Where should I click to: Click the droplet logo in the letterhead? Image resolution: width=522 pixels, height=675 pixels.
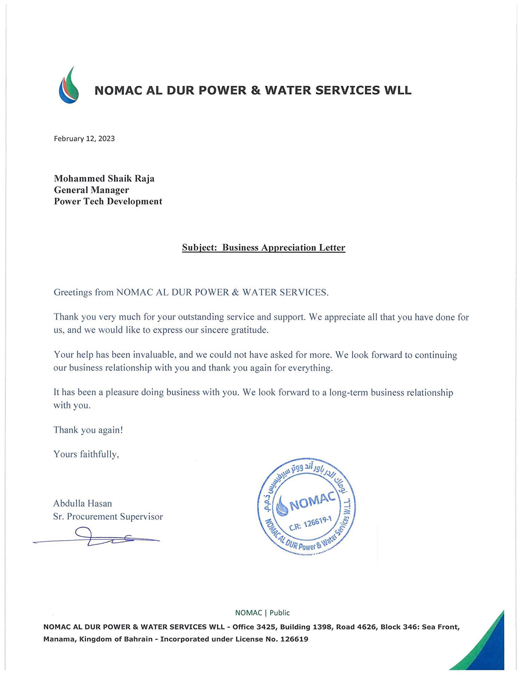point(69,86)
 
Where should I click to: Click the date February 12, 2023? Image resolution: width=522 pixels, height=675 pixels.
point(84,139)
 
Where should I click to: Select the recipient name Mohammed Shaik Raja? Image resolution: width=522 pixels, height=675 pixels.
point(104,179)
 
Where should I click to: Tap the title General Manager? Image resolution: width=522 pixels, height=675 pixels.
point(91,190)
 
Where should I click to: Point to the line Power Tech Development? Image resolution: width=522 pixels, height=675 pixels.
point(108,202)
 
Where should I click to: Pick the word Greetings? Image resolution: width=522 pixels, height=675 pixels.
point(73,293)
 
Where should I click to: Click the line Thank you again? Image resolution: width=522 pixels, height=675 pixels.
point(88,430)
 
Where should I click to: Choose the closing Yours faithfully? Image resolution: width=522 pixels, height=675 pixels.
point(86,454)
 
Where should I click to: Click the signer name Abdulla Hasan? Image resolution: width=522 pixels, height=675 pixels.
point(82,503)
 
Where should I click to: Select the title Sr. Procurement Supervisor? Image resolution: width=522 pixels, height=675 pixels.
point(108,517)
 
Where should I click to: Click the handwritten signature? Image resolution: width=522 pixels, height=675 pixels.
point(96,537)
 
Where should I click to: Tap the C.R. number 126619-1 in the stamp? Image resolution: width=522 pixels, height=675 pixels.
point(317,522)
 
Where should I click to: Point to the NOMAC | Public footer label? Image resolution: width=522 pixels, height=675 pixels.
point(262,613)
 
